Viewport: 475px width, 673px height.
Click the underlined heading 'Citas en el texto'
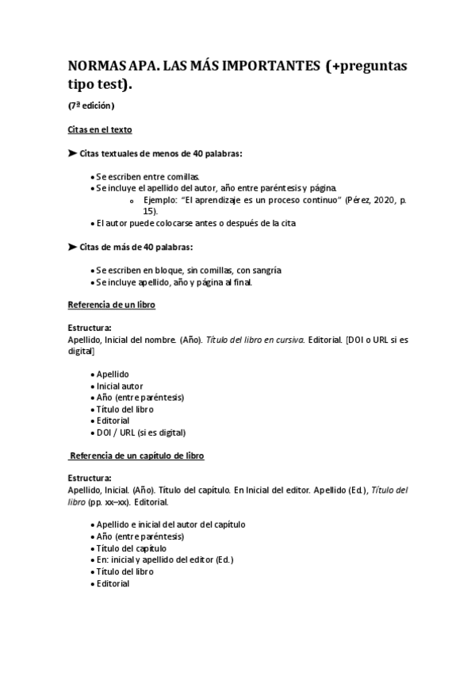click(100, 129)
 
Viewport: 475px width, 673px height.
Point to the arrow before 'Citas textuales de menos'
click(72, 152)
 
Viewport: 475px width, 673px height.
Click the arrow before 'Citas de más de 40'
click(72, 247)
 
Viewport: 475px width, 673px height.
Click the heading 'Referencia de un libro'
click(111, 305)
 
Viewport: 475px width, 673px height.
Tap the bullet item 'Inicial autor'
click(120, 386)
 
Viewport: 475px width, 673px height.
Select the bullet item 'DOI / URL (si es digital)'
click(140, 433)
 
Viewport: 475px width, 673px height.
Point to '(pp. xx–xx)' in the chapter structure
click(113, 502)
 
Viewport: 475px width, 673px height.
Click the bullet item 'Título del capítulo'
click(131, 548)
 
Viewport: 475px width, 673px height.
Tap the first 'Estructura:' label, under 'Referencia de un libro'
click(90, 328)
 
